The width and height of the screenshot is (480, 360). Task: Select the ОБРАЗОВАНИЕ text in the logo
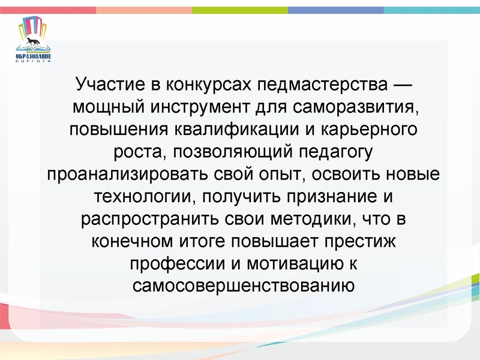[x=34, y=56]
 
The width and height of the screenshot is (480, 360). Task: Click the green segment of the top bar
[x=240, y=10]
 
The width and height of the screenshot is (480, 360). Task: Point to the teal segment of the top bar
[x=432, y=10]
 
